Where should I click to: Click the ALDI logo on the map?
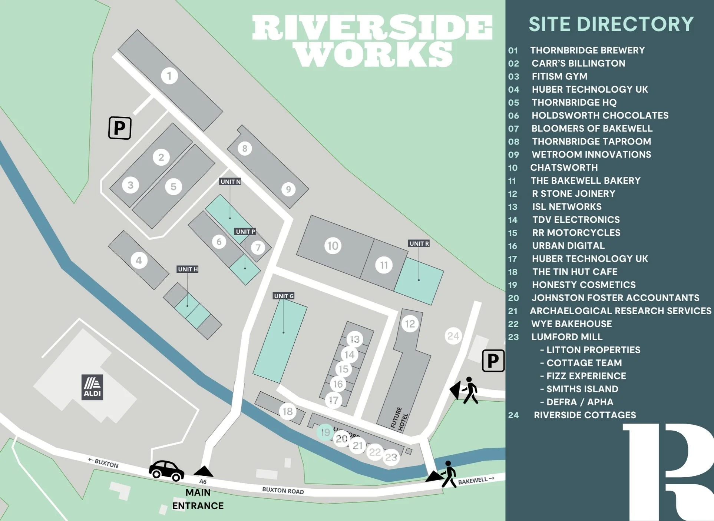click(92, 387)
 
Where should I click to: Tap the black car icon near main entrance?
click(166, 471)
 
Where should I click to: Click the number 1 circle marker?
click(169, 76)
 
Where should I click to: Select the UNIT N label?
click(230, 182)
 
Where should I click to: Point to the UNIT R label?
click(419, 243)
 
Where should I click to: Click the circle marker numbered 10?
click(333, 246)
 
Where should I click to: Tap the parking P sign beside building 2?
click(120, 128)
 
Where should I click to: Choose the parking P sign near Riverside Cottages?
click(493, 361)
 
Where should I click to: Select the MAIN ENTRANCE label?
click(198, 499)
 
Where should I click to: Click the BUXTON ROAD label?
click(283, 490)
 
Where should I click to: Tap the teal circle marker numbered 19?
click(325, 432)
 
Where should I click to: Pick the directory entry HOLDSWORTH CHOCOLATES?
click(599, 115)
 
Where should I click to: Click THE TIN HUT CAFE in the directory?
click(575, 272)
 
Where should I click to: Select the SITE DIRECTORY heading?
click(611, 24)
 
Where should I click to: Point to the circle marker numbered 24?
click(453, 336)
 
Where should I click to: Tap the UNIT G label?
click(284, 296)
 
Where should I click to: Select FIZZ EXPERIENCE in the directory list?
click(586, 376)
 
